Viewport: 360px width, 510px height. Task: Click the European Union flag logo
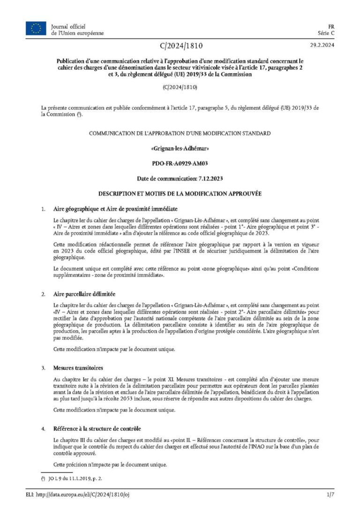36,29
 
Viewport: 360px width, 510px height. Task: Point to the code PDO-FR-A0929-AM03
180,164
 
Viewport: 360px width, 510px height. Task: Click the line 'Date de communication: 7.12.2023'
180,179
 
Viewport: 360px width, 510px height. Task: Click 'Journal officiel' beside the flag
68,26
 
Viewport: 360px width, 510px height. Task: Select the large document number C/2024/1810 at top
180,46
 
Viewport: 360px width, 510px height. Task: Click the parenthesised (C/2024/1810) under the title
180,88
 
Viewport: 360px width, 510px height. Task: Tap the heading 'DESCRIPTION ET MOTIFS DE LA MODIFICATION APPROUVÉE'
180,193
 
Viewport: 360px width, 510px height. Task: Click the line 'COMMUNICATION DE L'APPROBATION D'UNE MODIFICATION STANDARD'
180,134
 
